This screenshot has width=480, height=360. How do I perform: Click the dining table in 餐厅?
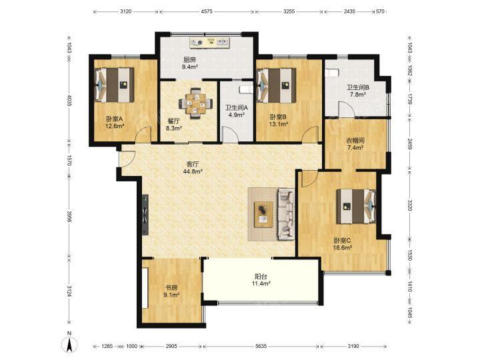point(195,103)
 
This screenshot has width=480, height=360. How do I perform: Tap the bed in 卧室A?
point(115,85)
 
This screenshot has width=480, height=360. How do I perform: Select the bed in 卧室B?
point(277,85)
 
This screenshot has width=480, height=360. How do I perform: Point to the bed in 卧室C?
point(356,206)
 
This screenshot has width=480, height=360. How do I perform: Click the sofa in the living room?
point(286,214)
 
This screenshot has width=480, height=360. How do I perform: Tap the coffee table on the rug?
point(264,214)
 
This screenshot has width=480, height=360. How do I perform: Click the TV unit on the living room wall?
point(145,215)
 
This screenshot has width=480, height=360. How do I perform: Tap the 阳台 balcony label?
point(261,277)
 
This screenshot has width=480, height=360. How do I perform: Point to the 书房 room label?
point(171,288)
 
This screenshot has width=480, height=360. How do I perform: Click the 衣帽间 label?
point(355,141)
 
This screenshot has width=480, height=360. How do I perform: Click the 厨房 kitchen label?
point(189,60)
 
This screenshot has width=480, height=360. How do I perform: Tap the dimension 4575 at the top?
point(207,11)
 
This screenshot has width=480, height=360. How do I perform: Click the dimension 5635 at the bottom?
point(261,346)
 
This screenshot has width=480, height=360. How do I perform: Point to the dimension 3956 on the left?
point(69,217)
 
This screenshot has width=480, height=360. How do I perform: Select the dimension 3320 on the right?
point(410,205)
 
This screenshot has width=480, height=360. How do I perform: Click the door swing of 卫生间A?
point(229,135)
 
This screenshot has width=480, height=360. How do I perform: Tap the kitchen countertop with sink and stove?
point(210,43)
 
